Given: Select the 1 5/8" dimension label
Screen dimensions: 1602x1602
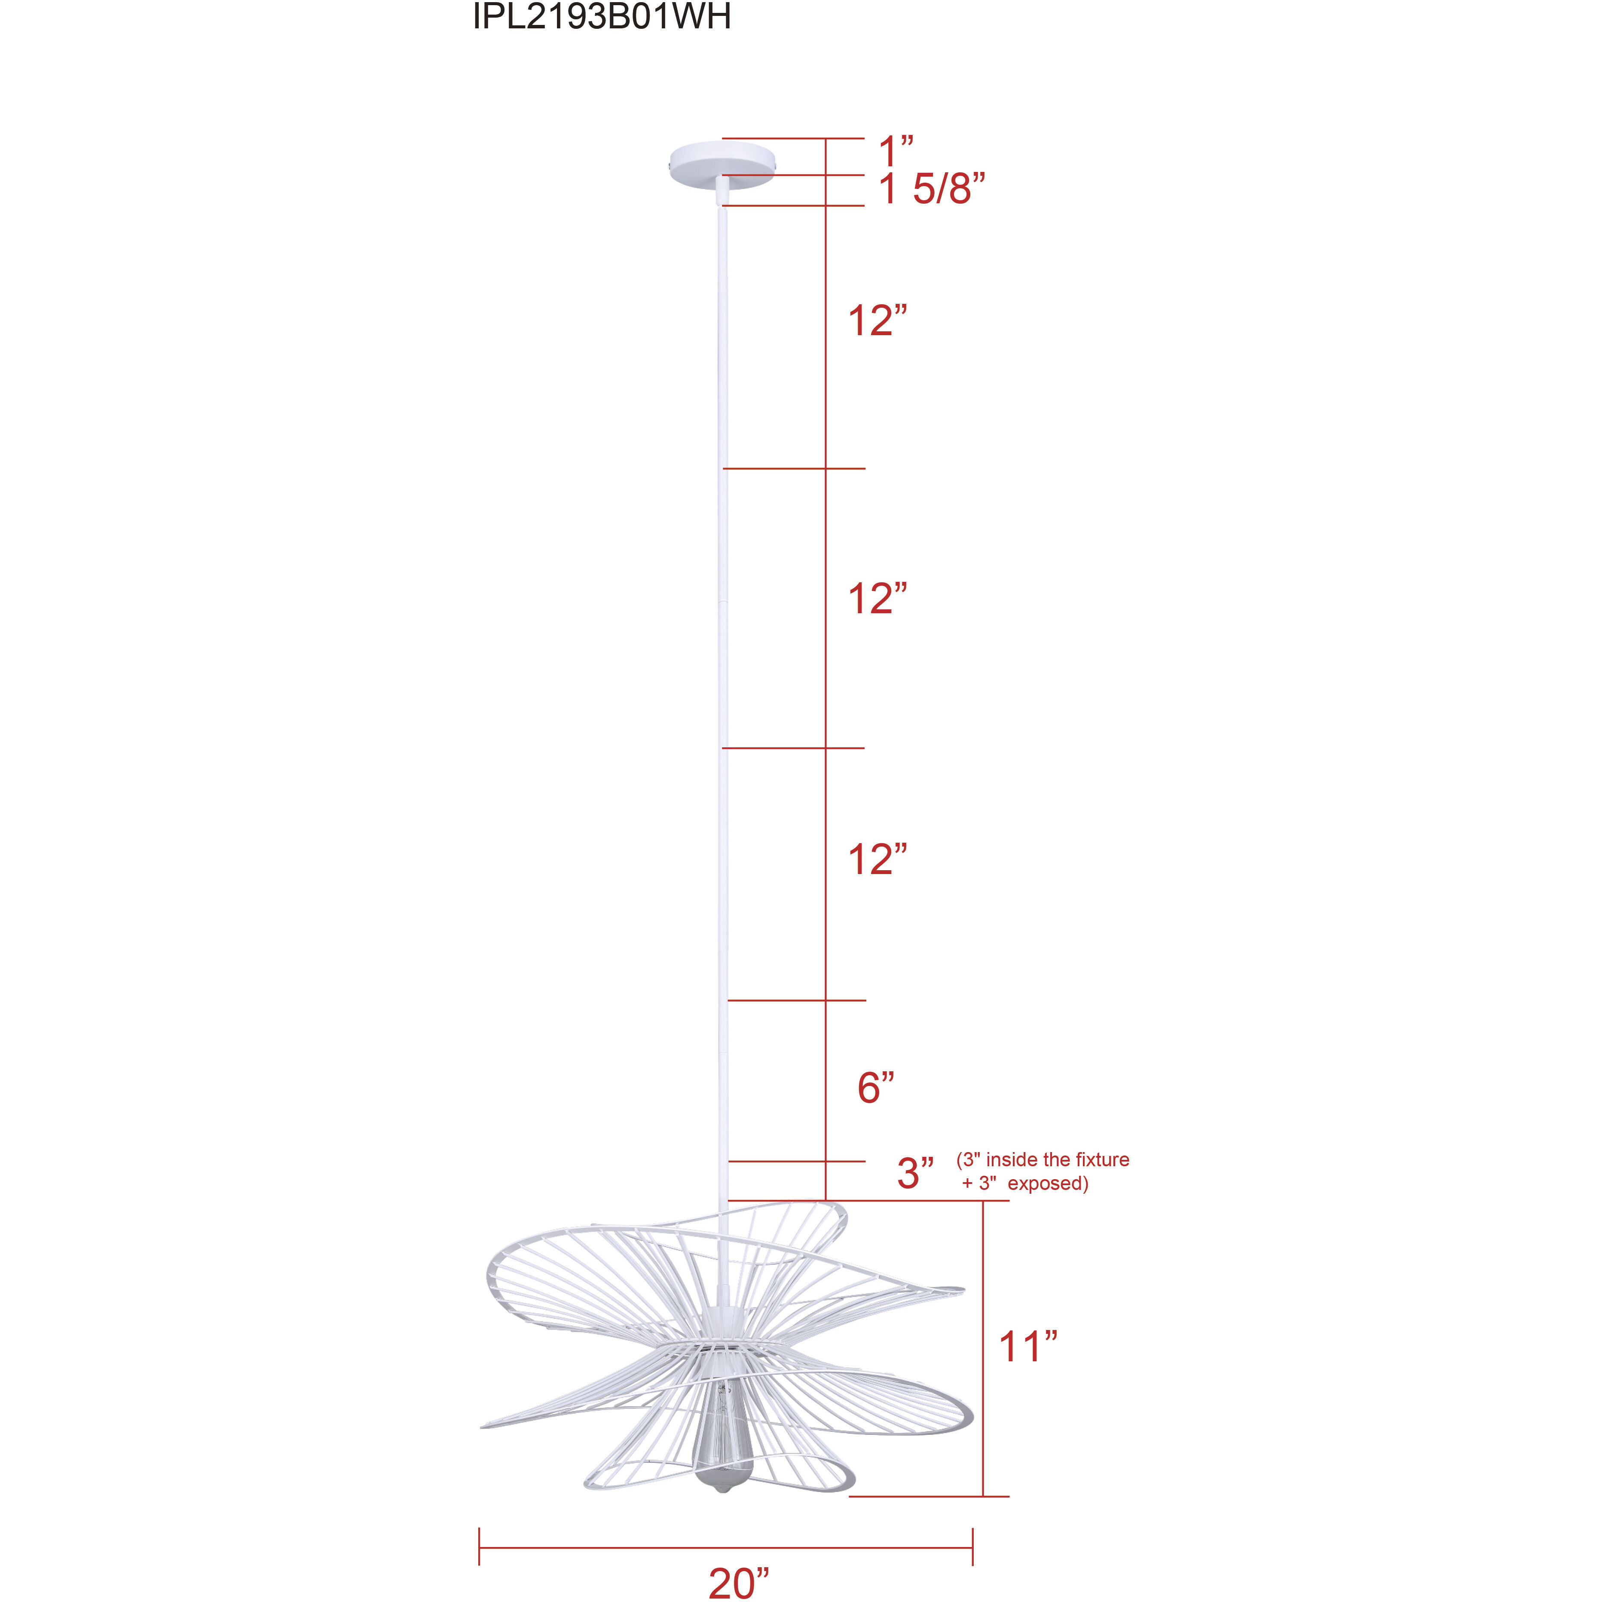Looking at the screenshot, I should tap(932, 190).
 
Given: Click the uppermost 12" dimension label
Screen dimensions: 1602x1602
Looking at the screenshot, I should tap(877, 321).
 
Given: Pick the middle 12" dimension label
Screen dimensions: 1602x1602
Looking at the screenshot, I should tap(877, 599).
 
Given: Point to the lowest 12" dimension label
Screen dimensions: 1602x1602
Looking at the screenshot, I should tap(877, 860).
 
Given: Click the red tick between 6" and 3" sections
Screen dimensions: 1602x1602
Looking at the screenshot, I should tap(796, 1162).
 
